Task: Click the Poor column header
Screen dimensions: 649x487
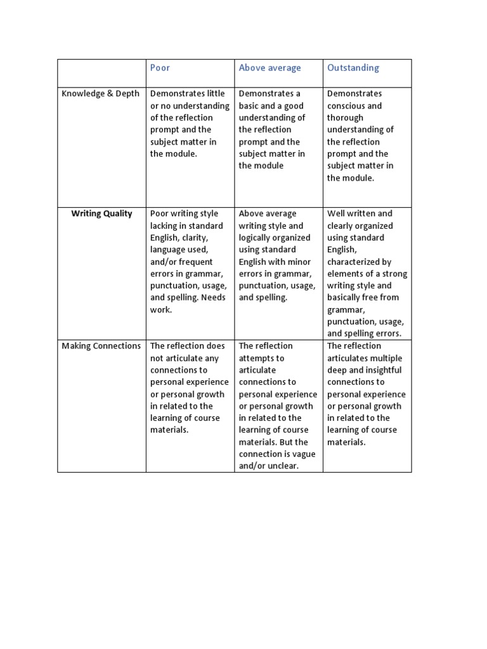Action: tap(160, 68)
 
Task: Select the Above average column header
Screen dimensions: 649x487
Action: tap(269, 68)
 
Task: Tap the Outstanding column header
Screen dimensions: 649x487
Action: tap(353, 68)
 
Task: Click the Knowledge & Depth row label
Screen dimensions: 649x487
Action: tap(100, 94)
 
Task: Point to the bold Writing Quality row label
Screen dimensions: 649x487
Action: tap(101, 214)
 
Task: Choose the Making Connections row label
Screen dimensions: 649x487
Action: tap(101, 346)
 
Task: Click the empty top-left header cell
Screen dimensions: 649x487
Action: tap(101, 73)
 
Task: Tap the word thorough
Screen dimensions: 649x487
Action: tap(345, 118)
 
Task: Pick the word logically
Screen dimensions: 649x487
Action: tap(257, 238)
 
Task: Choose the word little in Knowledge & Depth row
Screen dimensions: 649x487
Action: tap(212, 94)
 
